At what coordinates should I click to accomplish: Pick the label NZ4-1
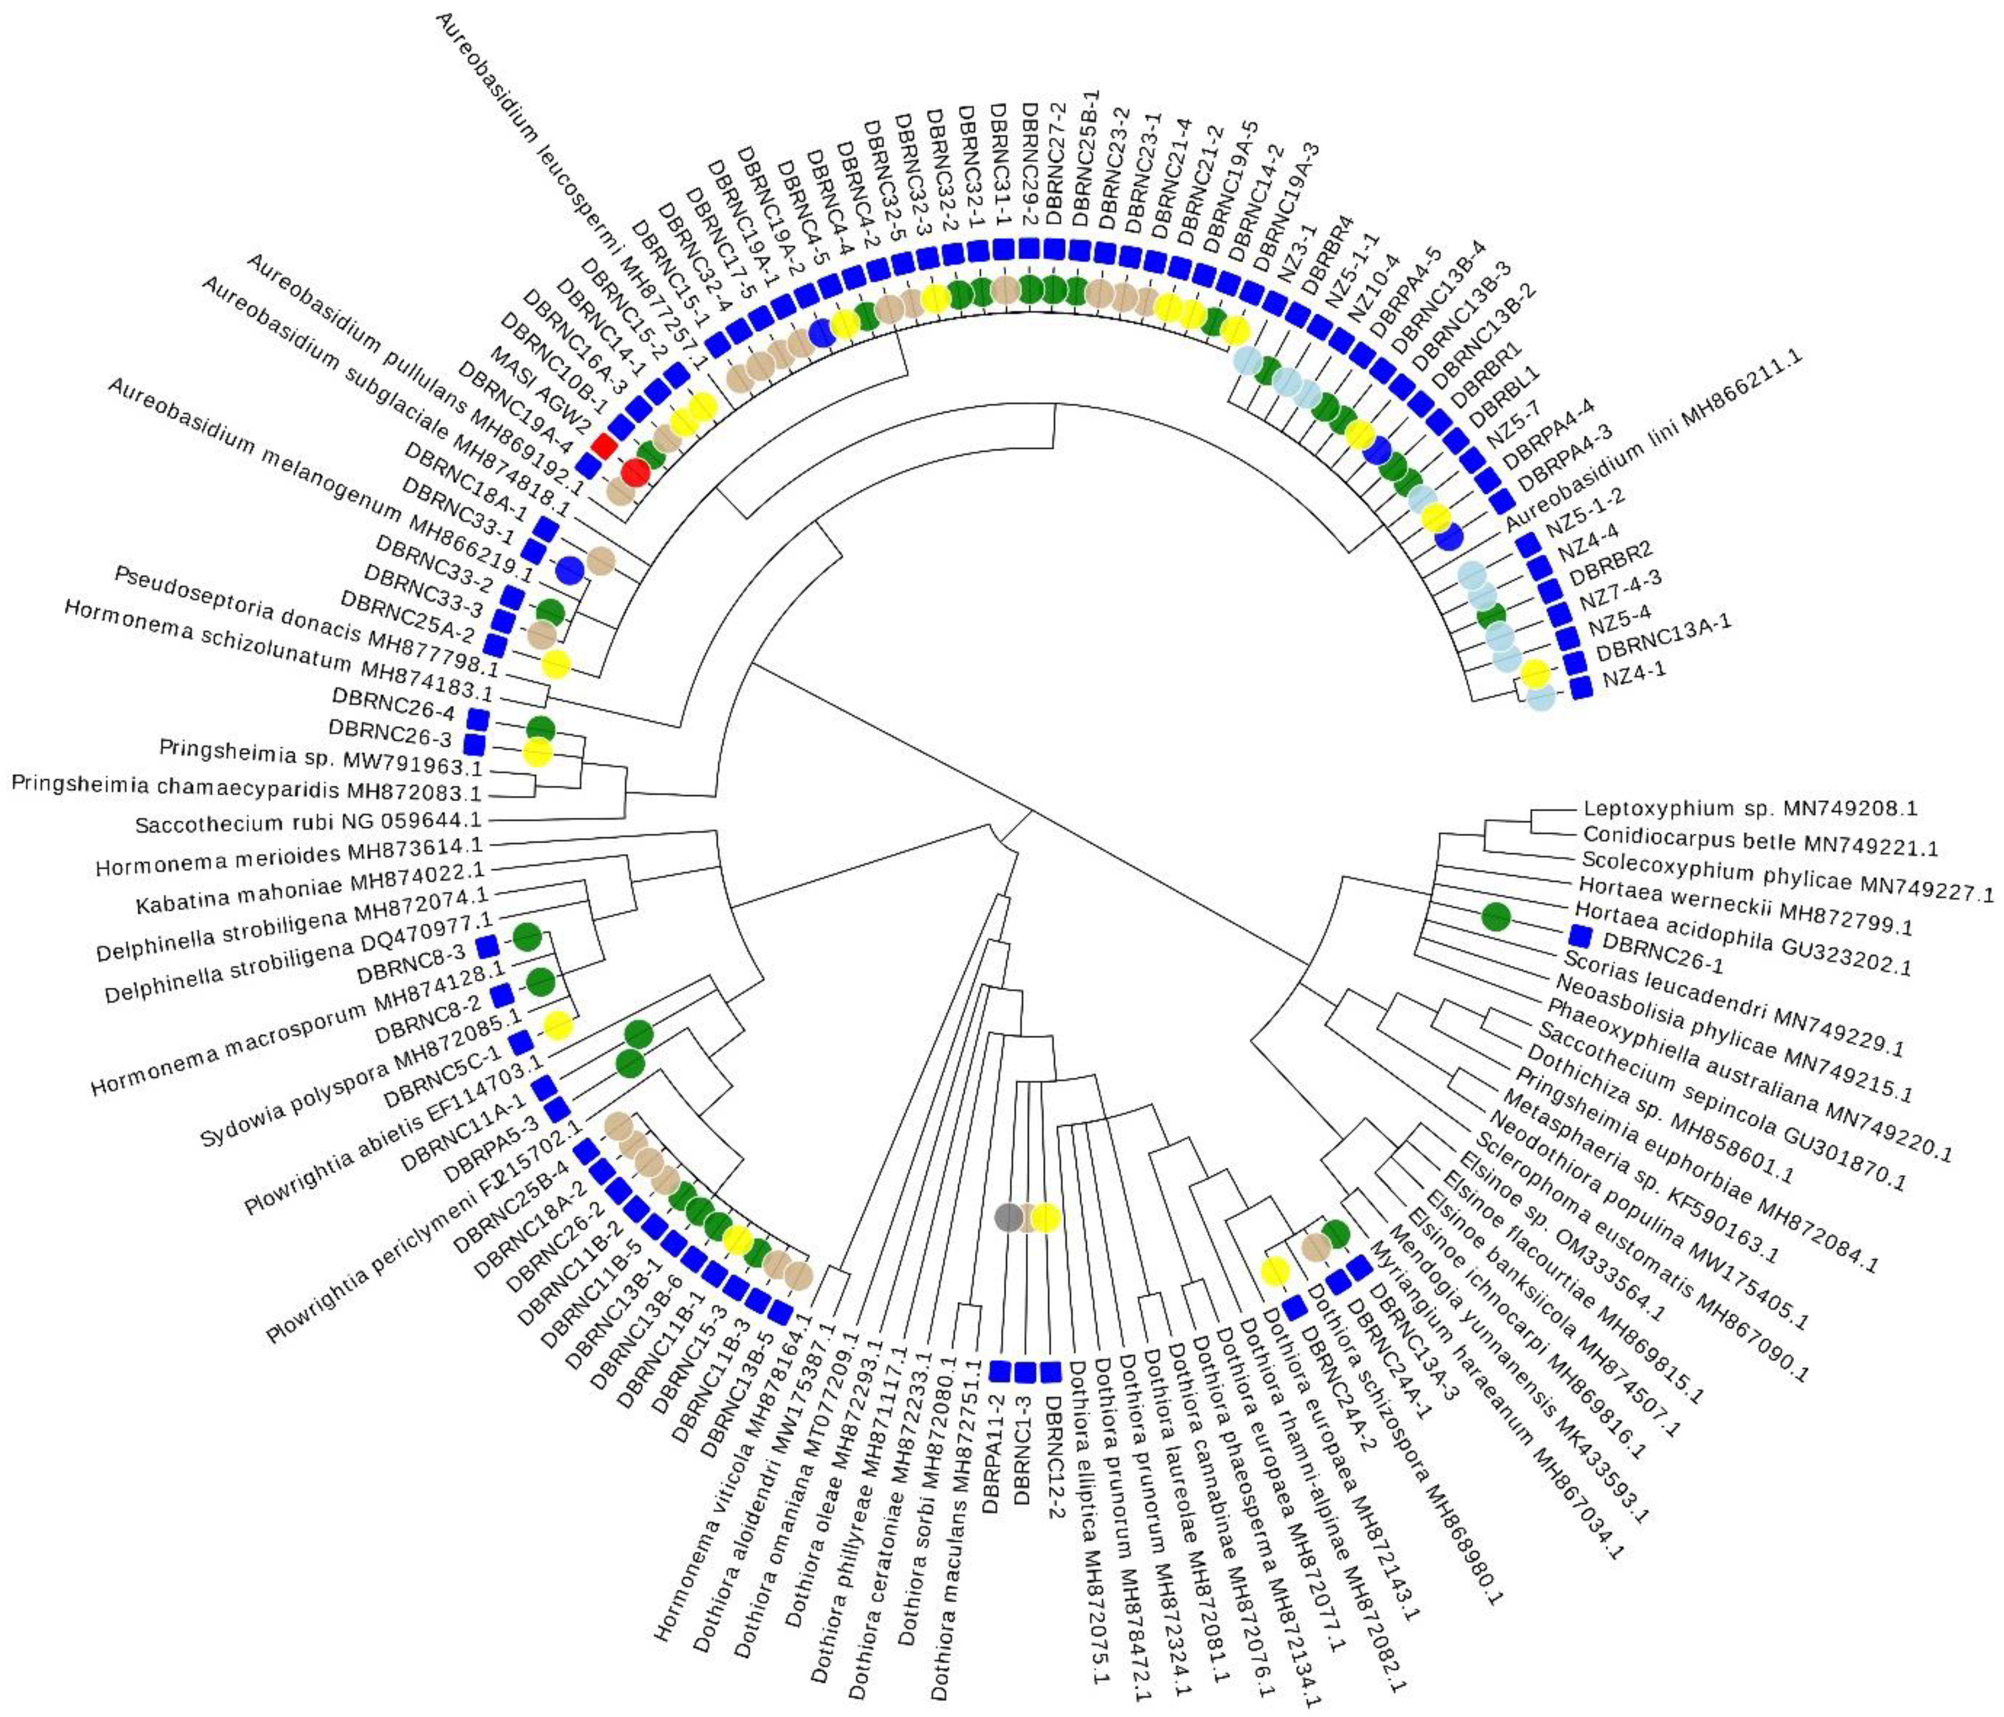click(1634, 674)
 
